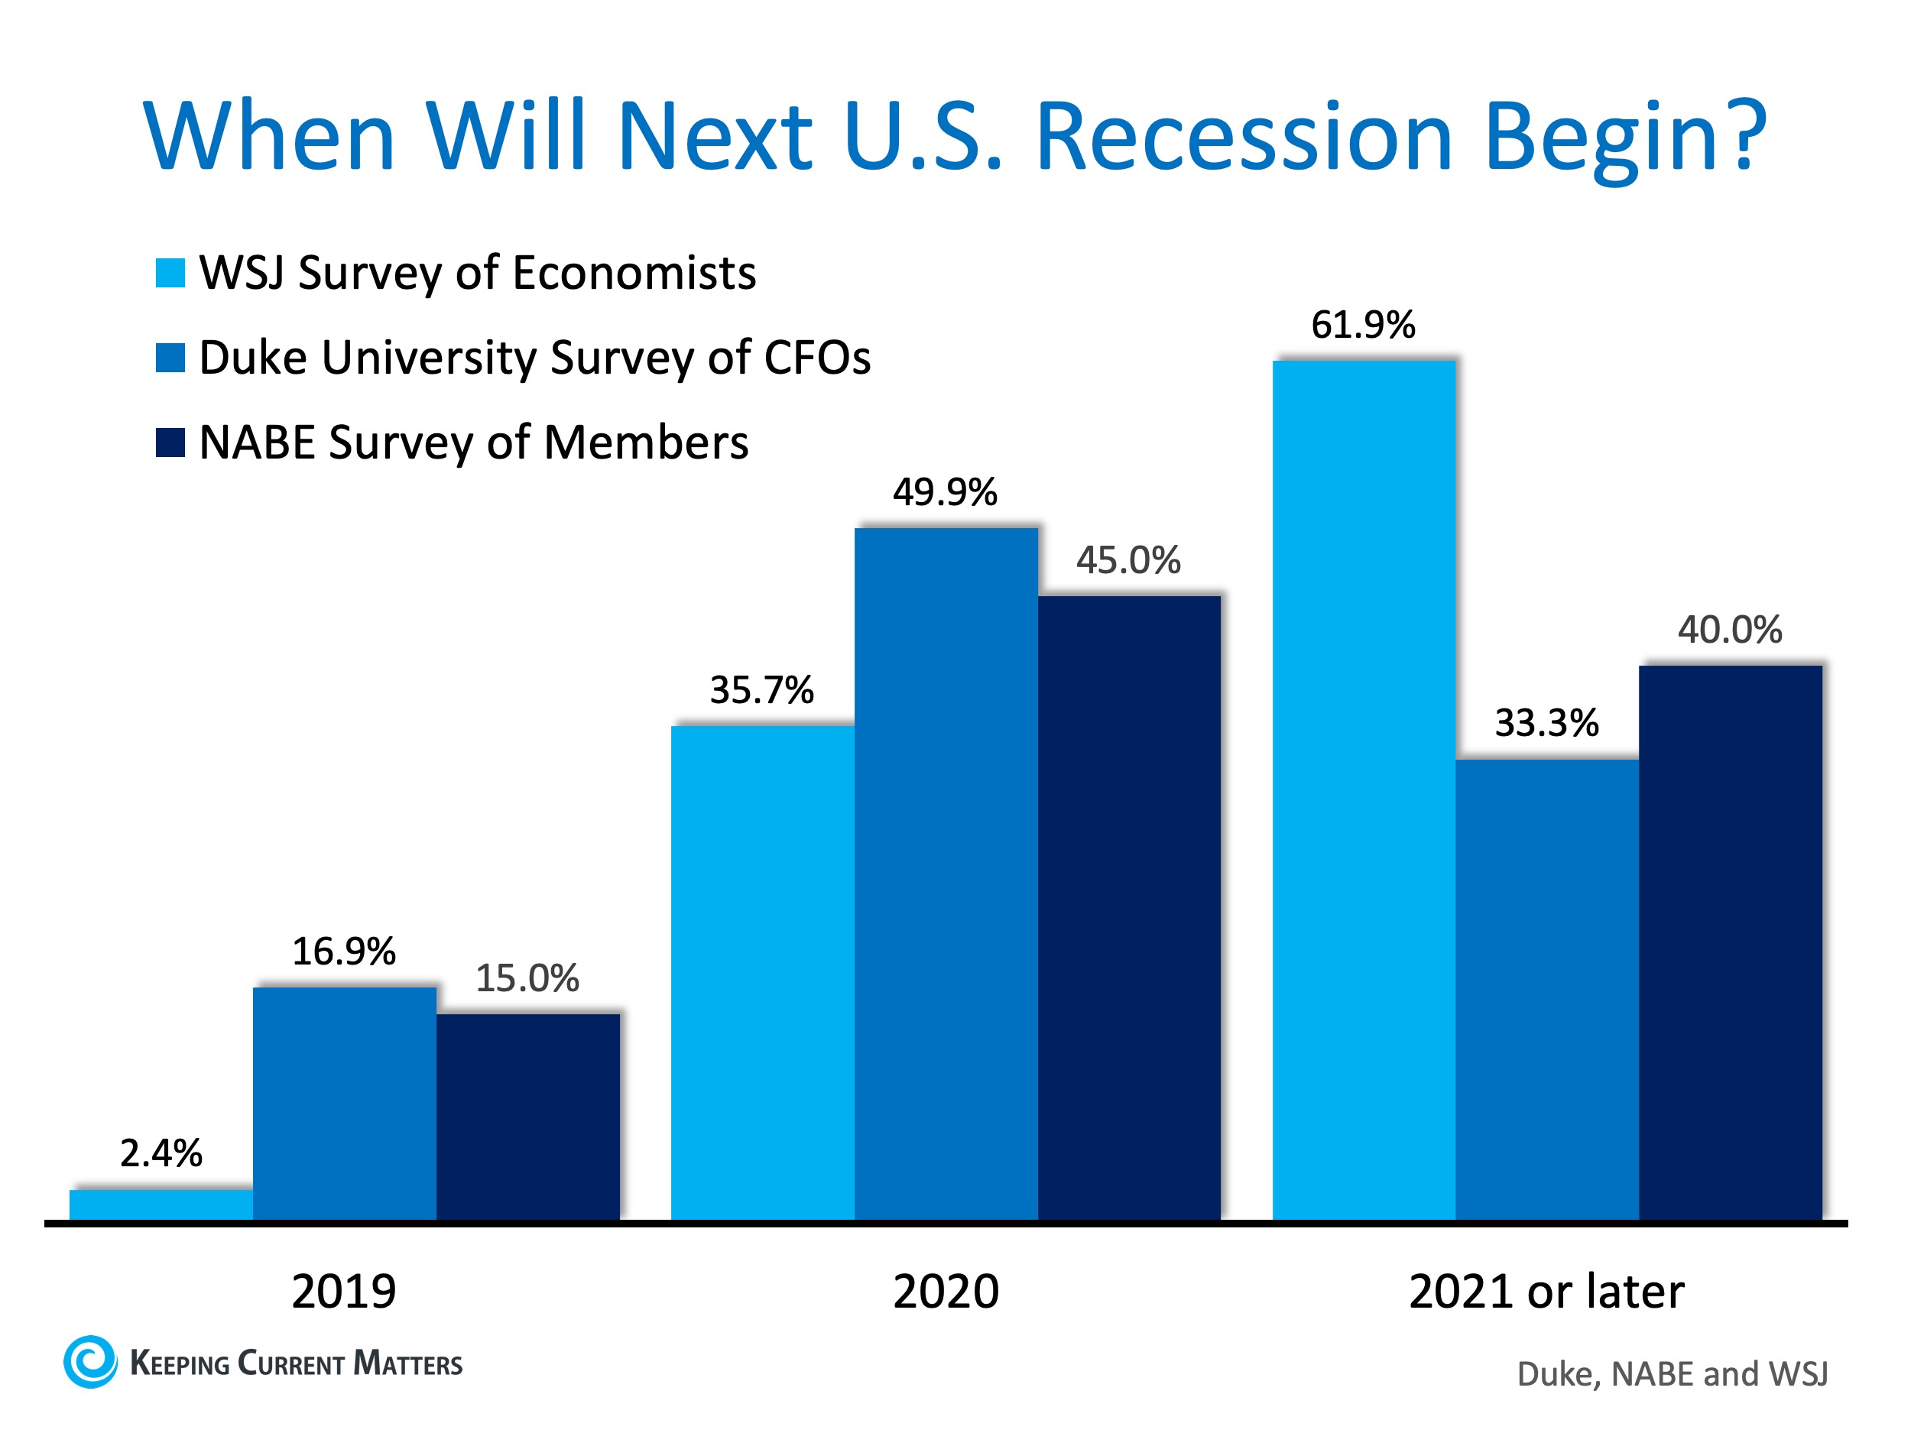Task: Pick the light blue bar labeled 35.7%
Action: pos(762,971)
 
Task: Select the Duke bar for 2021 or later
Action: pos(1546,989)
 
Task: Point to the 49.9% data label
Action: pos(944,492)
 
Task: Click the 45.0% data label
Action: pos(1127,560)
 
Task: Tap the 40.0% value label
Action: pos(1730,630)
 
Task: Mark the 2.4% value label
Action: pos(161,1153)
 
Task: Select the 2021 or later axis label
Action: pos(1546,1292)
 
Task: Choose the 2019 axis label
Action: pos(344,1292)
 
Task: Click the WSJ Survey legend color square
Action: pos(170,273)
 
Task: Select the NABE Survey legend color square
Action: pos(170,443)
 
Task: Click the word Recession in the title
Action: pos(1244,137)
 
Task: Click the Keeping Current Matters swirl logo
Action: pos(90,1362)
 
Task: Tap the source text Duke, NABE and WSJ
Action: pos(1672,1374)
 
